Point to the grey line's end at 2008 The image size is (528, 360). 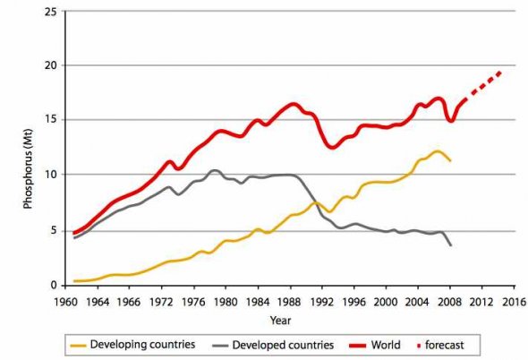(450, 244)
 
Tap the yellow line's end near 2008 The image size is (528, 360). (450, 161)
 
